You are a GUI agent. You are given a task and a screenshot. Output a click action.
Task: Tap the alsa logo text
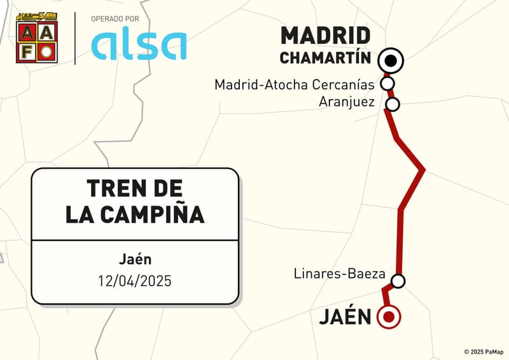(139, 45)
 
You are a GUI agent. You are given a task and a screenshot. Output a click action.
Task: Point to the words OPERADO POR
(115, 19)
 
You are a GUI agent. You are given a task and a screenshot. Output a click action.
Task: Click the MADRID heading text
(325, 36)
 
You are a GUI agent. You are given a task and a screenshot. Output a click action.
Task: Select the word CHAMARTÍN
(325, 58)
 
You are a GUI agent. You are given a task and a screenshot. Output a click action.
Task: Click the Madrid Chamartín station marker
(391, 61)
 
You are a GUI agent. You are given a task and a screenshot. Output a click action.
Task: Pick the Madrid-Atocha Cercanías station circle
(387, 83)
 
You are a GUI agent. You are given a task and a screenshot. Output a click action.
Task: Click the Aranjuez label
(347, 102)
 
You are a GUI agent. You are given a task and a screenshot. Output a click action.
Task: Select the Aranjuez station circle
(393, 104)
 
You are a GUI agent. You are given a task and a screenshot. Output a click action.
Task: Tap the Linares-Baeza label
(340, 274)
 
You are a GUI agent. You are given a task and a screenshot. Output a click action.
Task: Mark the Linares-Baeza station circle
(398, 280)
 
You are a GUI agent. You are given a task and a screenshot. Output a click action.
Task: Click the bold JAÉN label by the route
(345, 316)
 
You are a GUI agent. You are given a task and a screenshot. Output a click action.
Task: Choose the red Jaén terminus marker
(388, 316)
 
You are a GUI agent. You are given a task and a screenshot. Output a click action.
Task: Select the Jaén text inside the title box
(134, 260)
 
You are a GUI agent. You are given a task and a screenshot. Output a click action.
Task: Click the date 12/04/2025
(134, 280)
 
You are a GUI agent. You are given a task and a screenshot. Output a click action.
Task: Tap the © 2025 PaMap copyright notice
(484, 352)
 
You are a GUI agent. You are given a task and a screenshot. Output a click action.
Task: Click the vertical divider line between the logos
(75, 38)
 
